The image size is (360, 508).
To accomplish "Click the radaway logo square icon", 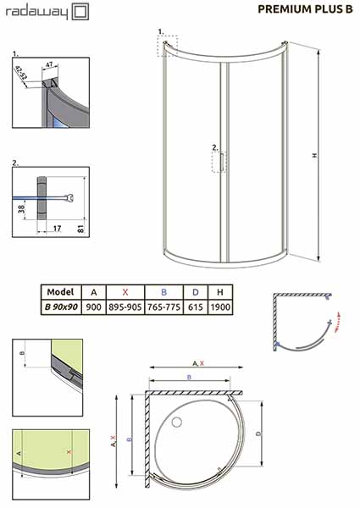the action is (x=80, y=12).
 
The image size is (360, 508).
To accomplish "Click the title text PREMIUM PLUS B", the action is (x=305, y=9).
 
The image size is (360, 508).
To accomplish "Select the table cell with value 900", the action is (x=94, y=306).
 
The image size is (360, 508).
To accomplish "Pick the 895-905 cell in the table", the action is (x=125, y=306).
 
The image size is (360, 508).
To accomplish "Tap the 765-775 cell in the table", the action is (x=163, y=306).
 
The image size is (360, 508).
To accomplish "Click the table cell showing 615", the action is (x=196, y=306).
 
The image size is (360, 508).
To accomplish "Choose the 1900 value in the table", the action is (x=220, y=306).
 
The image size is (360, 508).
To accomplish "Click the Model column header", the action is (x=61, y=292).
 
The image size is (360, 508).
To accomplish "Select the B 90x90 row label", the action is (x=61, y=306).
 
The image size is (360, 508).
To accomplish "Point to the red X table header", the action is (x=125, y=292).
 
